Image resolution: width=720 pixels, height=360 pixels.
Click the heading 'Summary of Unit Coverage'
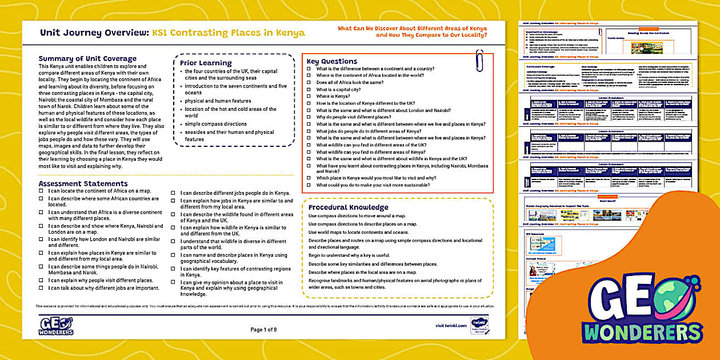click(x=87, y=58)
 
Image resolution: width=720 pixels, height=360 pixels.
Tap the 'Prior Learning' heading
click(x=206, y=63)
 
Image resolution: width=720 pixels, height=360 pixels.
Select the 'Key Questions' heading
click(x=331, y=61)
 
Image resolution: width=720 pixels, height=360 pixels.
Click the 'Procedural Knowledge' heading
click(x=348, y=207)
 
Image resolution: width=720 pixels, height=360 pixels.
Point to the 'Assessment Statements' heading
click(x=83, y=183)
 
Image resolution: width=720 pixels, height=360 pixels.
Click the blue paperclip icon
click(x=479, y=61)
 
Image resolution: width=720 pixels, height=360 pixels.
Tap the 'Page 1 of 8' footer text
click(x=263, y=329)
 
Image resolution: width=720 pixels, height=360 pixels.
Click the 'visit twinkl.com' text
click(x=451, y=325)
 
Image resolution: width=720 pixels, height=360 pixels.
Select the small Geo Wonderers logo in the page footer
click(x=56, y=325)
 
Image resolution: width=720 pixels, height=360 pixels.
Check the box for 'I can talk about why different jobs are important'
click(x=41, y=288)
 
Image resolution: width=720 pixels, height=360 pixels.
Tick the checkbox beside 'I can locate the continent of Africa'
click(x=41, y=191)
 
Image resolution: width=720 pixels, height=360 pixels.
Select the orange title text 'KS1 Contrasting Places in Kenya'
click(x=228, y=33)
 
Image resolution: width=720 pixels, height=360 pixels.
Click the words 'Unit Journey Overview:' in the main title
click(x=94, y=33)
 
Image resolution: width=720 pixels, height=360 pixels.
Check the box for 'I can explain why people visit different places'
click(x=41, y=281)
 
